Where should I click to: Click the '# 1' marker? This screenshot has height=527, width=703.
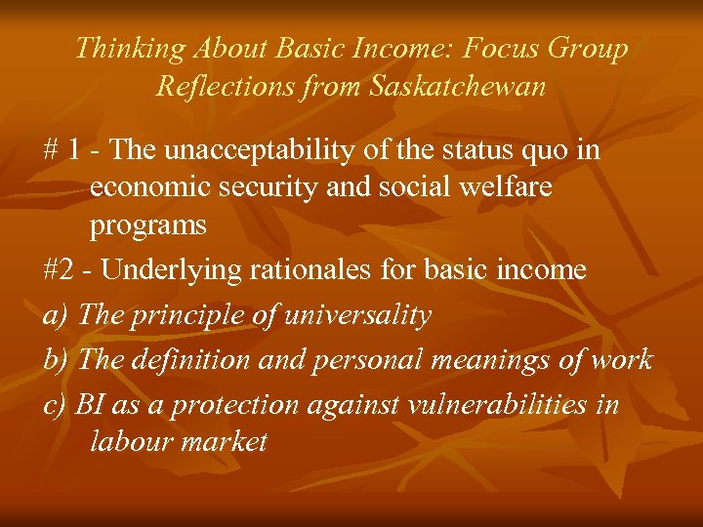[62, 151]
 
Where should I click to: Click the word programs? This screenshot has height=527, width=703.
[148, 225]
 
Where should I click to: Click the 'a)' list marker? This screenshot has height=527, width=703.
[56, 315]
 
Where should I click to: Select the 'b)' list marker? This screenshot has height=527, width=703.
[56, 359]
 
